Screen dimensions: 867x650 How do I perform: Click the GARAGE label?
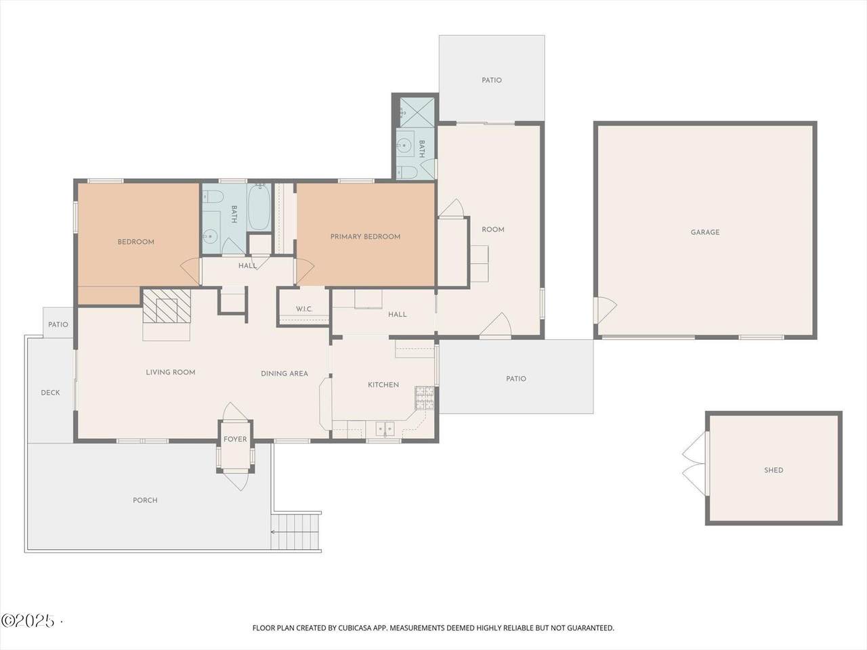[705, 232]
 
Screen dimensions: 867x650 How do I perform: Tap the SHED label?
[774, 470]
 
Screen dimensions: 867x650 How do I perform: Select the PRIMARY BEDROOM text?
[365, 237]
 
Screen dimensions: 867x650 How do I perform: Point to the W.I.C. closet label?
[304, 309]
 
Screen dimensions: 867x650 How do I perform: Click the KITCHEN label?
[383, 385]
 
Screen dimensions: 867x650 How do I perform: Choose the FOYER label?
[235, 439]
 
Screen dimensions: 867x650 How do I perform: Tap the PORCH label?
[145, 500]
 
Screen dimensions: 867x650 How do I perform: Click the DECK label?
[51, 393]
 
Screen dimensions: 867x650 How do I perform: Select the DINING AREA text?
[284, 374]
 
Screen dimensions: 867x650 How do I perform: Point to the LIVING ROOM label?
[171, 372]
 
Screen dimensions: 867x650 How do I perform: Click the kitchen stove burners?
[424, 398]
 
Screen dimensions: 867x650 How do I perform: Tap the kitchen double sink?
[384, 428]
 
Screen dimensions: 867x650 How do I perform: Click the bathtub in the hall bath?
[259, 207]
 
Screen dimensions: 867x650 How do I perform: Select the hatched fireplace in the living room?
[167, 306]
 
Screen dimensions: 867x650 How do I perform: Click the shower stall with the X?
[417, 112]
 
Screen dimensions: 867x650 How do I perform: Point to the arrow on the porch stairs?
[294, 532]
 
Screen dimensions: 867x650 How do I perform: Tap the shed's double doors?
[695, 464]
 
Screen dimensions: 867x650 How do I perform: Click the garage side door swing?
[605, 309]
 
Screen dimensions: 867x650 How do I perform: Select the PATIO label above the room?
[491, 80]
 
